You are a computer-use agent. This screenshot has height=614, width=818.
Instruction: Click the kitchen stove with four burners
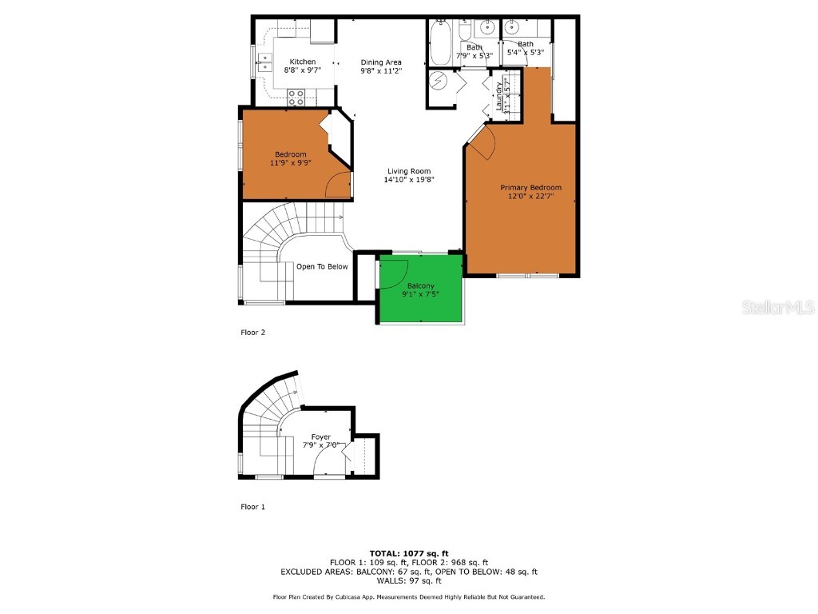(x=296, y=98)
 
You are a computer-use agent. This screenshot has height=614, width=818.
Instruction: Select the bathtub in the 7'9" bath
(x=440, y=44)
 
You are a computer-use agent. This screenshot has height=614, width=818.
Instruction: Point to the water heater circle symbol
(x=439, y=80)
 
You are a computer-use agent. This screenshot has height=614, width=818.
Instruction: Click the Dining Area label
(x=381, y=62)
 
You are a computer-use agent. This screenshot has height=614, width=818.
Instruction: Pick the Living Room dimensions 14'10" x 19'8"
(x=409, y=180)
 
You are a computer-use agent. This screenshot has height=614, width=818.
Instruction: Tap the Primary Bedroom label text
(x=525, y=187)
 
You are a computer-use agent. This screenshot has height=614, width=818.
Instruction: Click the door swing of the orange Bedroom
(x=340, y=185)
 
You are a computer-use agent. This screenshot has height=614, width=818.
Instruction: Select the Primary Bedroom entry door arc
(x=484, y=144)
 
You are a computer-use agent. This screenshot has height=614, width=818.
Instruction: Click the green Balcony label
(x=421, y=285)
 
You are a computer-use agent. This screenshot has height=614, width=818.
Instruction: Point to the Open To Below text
(x=322, y=266)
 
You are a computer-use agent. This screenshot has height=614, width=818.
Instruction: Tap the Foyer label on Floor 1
(x=321, y=437)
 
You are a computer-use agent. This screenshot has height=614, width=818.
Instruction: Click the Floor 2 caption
(x=252, y=332)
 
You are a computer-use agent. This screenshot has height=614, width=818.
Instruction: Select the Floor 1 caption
(x=252, y=506)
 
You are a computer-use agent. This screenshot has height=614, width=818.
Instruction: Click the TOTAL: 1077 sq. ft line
(x=409, y=553)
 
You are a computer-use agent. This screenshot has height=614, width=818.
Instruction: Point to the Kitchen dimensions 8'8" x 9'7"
(x=303, y=70)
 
